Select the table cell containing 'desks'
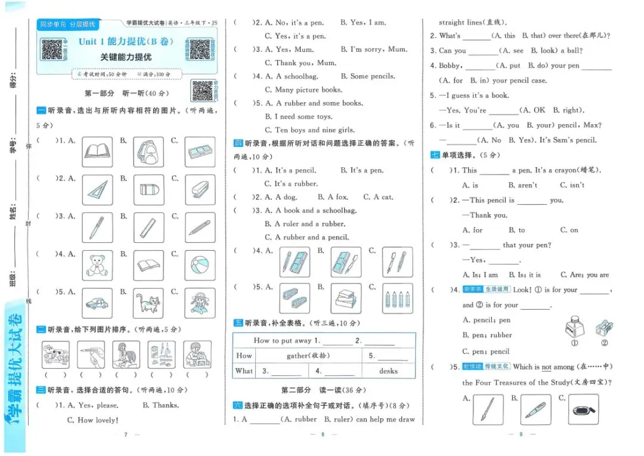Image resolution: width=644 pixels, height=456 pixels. point(388,371)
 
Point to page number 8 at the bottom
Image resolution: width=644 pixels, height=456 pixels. point(322,434)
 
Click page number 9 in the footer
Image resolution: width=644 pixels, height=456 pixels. point(521,434)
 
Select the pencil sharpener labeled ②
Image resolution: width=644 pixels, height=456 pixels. point(603,328)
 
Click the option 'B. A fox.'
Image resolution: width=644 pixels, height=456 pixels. point(333,197)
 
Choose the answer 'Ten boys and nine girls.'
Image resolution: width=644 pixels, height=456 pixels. point(314,130)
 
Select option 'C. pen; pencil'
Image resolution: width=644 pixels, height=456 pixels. point(486,352)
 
